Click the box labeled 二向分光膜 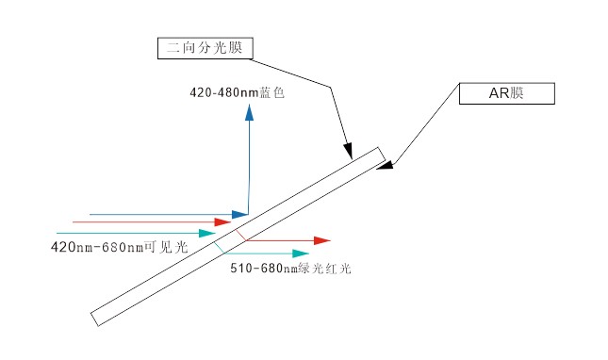(204, 48)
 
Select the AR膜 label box (505, 94)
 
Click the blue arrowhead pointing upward (249, 112)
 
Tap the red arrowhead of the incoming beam (222, 222)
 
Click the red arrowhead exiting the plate (321, 241)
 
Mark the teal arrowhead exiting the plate (301, 253)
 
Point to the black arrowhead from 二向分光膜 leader (347, 152)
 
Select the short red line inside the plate (242, 235)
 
